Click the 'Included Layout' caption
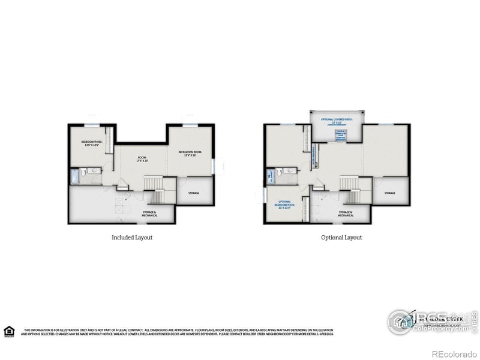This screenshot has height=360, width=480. [x=132, y=238]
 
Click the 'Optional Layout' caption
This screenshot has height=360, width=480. [x=341, y=238]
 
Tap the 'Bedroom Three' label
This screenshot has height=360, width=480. [x=92, y=143]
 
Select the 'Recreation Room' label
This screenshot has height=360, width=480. [x=189, y=153]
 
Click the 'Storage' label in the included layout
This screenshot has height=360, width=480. [x=194, y=193]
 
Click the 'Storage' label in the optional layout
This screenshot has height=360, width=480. [x=390, y=193]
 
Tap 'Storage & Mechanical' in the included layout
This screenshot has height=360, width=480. [x=149, y=213]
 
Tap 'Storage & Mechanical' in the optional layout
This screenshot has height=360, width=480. [x=345, y=213]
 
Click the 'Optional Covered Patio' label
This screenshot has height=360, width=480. [x=337, y=121]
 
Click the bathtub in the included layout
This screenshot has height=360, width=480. [x=74, y=176]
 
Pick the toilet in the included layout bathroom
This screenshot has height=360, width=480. [x=83, y=172]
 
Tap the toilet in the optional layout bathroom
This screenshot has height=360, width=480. [x=280, y=172]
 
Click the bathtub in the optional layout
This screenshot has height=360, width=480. [x=270, y=176]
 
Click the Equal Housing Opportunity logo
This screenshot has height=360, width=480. [x=9, y=331]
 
